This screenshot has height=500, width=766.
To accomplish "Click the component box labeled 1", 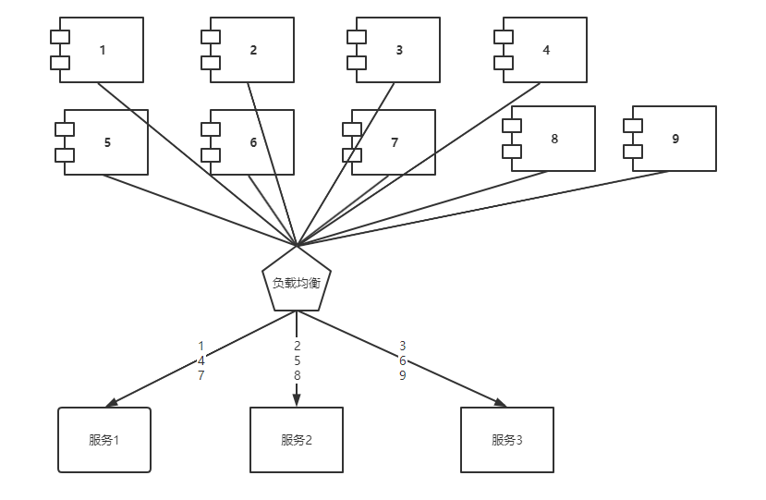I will tap(102, 50).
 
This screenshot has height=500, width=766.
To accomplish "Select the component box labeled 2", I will tap(252, 50).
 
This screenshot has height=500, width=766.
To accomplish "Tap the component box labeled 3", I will tap(398, 50).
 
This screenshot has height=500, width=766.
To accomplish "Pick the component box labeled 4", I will tap(545, 50).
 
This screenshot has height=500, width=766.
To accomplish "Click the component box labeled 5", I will tap(106, 142).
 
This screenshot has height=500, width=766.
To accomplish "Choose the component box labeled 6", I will tap(252, 142).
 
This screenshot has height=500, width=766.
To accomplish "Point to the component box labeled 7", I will tap(394, 142).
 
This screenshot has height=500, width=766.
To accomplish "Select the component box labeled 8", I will tap(553, 139).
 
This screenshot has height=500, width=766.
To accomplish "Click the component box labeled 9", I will tap(675, 139).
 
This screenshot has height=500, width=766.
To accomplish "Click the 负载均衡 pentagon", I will tap(297, 281).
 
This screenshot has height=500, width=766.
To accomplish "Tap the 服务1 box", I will tap(104, 440).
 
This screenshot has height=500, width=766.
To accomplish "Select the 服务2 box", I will tap(297, 440).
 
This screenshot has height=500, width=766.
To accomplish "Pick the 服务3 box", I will tap(507, 440).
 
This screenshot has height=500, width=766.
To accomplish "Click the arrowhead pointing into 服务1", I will tap(112, 403).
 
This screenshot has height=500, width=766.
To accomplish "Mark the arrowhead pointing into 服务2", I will tap(297, 400).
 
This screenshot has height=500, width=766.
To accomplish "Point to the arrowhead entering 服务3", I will tap(500, 402).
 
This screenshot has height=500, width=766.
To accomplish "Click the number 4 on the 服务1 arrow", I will tap(201, 361).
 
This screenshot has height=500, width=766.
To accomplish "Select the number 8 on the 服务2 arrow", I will tap(297, 376).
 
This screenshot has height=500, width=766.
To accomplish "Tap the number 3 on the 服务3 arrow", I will tap(402, 346).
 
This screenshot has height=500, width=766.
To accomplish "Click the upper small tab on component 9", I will tap(633, 125).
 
